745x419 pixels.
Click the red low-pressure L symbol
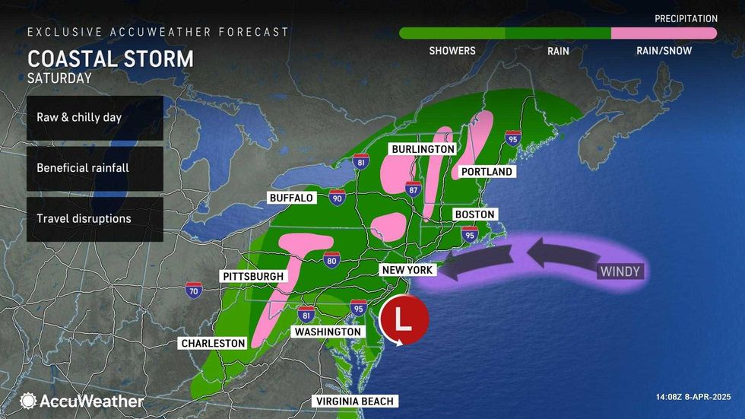point(404,319)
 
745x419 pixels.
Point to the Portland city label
point(487,172)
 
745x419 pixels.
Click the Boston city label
point(474,214)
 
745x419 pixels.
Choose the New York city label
point(407,270)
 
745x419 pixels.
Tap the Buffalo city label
point(291,198)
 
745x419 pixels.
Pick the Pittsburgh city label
point(254,276)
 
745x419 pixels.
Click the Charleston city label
point(213,343)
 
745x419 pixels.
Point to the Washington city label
point(327,332)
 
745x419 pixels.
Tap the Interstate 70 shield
point(194,290)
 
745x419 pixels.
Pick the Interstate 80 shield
point(331,260)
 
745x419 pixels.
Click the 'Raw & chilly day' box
point(94,118)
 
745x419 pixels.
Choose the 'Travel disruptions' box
point(94,219)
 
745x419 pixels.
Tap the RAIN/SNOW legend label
point(664,51)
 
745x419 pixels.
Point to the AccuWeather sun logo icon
point(29,400)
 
